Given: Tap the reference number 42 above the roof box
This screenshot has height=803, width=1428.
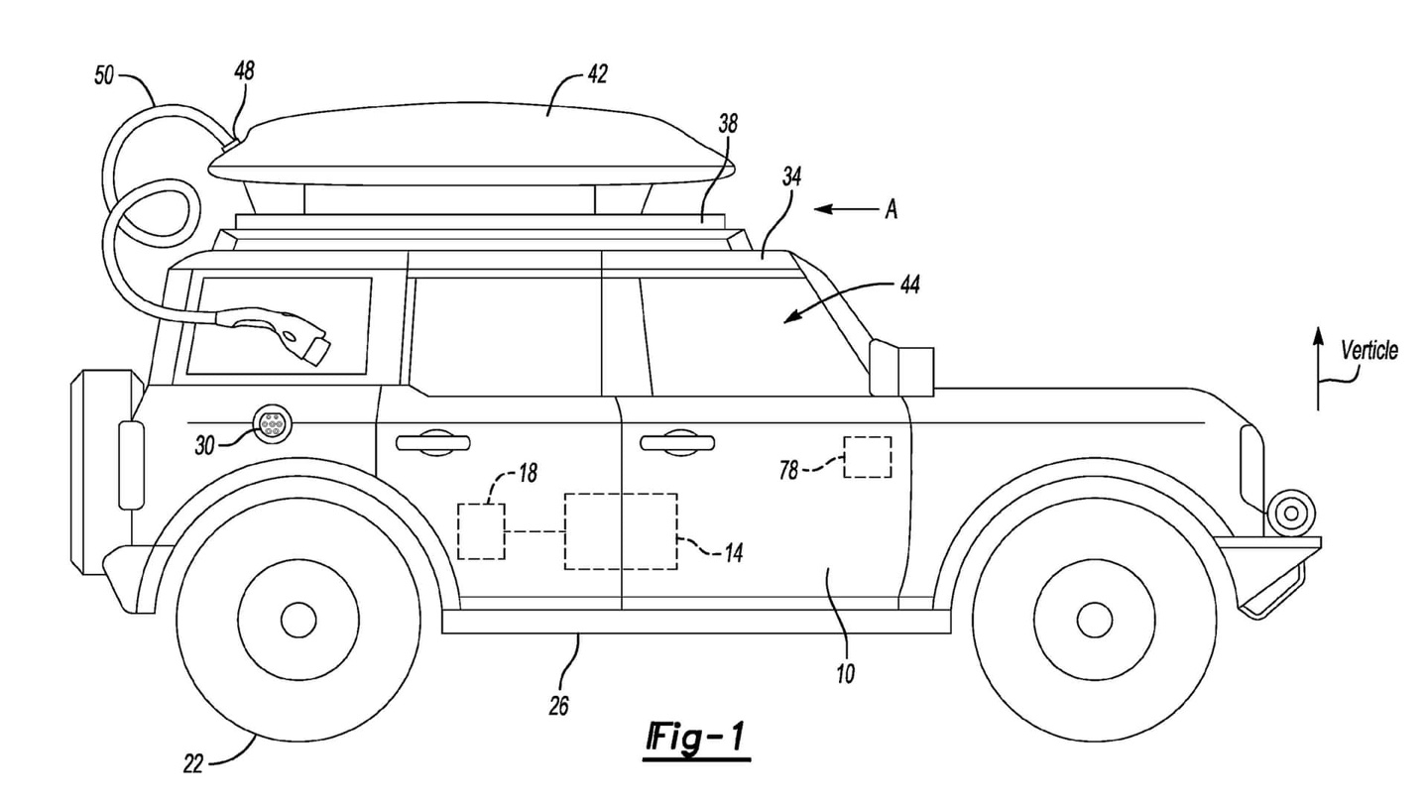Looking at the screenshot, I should pos(596,73).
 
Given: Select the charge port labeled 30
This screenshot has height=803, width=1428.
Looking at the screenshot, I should pos(271,424).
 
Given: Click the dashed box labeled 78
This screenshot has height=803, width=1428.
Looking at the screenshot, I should pos(867,457).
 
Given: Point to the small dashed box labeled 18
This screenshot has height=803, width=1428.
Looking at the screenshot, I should pos(481,531).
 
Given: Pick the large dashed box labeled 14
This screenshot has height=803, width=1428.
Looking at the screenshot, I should pos(621,531).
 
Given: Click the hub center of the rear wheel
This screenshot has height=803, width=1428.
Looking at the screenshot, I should pos(297,620).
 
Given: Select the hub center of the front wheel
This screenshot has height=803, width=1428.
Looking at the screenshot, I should pos(1094,620).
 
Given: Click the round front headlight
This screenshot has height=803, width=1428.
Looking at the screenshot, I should pos(1290,513).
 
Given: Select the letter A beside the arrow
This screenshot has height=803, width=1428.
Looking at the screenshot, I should pos(891,210).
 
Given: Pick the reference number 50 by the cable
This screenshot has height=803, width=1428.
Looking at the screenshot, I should pos(105,75).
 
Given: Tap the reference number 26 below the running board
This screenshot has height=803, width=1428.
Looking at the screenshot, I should pos(559,706).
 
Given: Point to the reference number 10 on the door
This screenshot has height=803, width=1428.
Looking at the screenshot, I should pos(845,674).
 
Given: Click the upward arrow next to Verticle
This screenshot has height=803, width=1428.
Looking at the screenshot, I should pos(1318,367).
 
